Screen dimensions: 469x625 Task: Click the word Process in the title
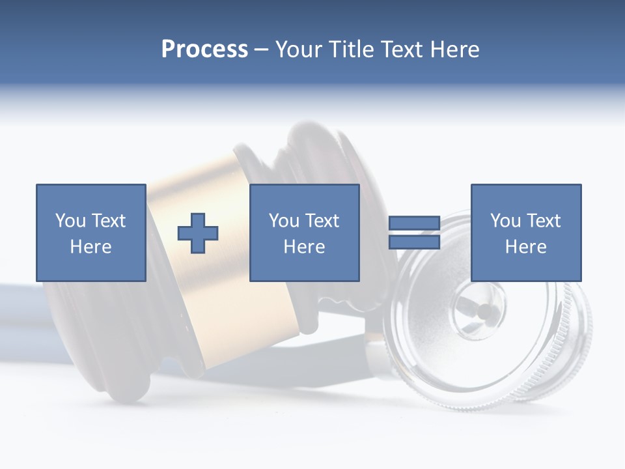(x=204, y=50)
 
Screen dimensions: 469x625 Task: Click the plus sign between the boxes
(x=198, y=233)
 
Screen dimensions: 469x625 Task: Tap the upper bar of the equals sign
(x=414, y=223)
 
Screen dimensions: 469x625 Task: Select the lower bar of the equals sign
(x=414, y=242)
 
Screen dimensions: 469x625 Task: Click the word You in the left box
(x=70, y=221)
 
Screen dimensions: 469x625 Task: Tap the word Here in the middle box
(x=304, y=247)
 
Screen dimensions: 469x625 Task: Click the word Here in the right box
(x=525, y=247)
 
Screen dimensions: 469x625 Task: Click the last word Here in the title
(x=456, y=50)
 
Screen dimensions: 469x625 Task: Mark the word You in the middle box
(x=283, y=221)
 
